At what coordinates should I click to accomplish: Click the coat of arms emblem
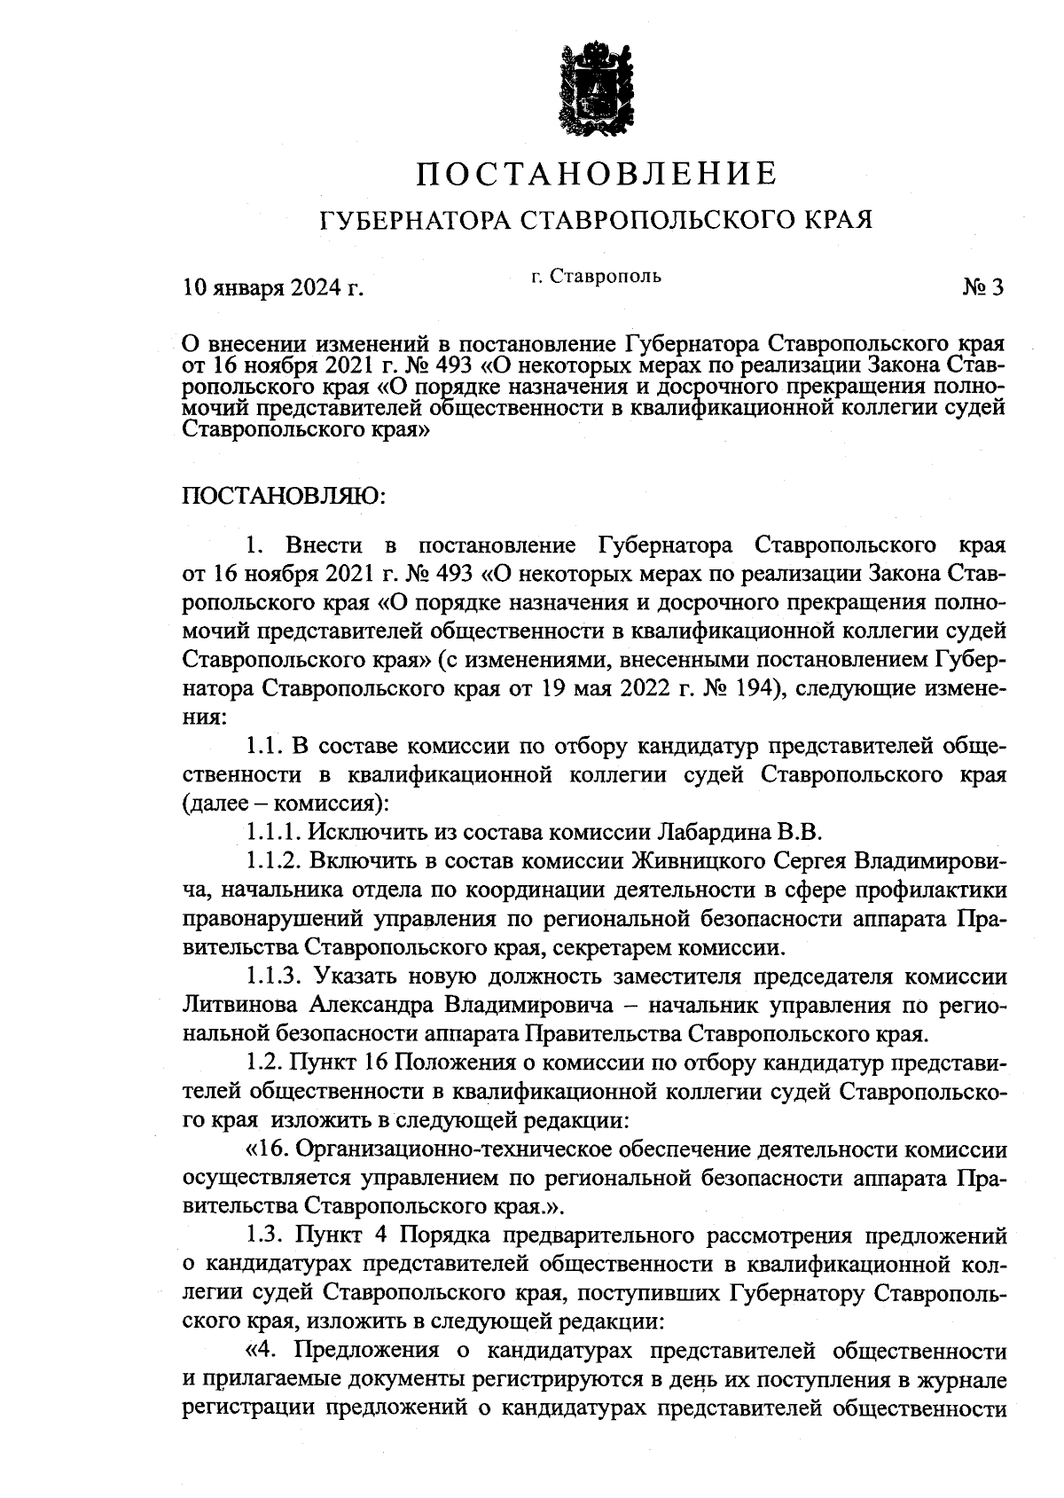(596, 92)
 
